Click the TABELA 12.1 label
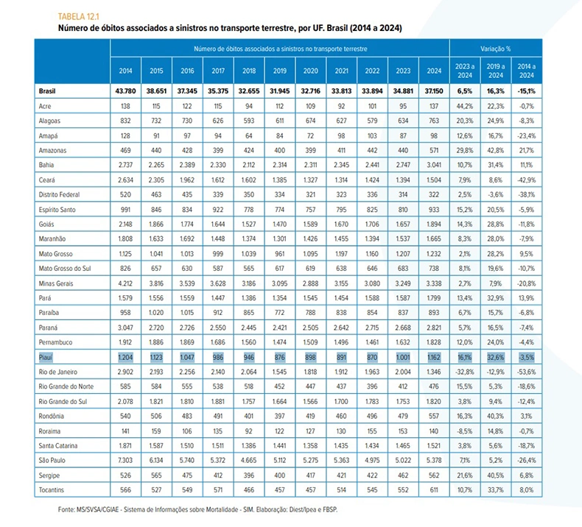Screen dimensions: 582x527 78,16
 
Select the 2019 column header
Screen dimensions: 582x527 279,71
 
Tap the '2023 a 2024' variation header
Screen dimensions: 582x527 465,71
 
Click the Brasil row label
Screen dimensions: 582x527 47,91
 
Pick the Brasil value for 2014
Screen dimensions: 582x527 125,91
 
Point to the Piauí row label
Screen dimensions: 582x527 46,357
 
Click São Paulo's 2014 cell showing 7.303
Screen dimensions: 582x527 125,460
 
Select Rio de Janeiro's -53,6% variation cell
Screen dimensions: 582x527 526,372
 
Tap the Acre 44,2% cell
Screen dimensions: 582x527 465,106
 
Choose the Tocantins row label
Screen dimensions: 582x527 52,490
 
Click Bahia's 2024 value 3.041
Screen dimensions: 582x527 434,165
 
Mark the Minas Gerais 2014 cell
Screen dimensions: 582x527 125,283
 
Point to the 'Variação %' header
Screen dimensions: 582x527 496,49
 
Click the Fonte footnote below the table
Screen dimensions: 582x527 198,509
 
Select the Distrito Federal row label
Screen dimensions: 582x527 59,194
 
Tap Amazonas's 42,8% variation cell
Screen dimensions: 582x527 496,150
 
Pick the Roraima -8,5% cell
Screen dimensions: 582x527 465,431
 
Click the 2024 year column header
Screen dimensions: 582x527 434,71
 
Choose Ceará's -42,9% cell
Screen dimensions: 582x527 526,180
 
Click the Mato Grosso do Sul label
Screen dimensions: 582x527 65,269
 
